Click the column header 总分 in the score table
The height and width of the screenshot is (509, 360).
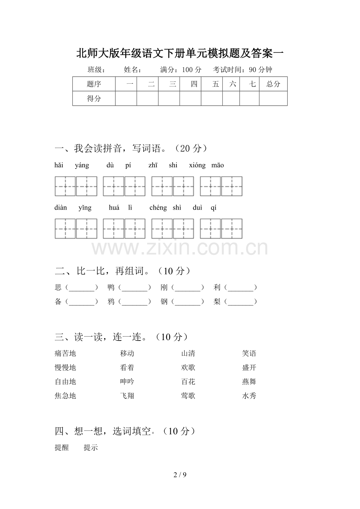[x=273, y=84]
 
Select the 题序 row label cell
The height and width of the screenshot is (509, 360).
[x=94, y=84]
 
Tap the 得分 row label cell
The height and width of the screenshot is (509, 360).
[x=94, y=99]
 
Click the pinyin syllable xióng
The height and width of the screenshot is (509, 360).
[x=197, y=165]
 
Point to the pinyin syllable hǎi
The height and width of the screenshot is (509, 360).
[x=59, y=165]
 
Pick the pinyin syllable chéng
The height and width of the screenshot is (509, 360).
[x=158, y=208]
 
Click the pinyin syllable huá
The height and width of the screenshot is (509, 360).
[x=114, y=208]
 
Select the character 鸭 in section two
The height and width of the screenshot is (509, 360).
[x=111, y=288]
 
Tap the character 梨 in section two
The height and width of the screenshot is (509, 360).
[x=217, y=302]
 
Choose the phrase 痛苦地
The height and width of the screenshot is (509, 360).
[x=65, y=354]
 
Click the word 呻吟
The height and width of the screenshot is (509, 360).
[x=127, y=382]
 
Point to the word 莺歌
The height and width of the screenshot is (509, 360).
[x=188, y=396]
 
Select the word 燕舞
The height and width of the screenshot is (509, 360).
[x=249, y=382]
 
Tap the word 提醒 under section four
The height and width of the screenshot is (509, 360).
[x=62, y=448]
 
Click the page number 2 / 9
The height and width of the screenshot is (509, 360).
[x=180, y=475]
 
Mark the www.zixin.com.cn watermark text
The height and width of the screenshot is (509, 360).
[x=180, y=248]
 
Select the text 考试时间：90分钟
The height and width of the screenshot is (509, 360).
[x=243, y=70]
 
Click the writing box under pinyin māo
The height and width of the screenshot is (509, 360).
[x=232, y=186]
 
